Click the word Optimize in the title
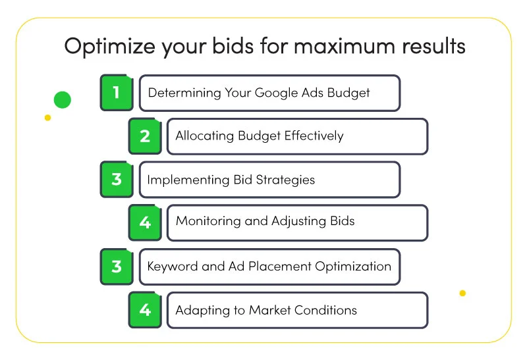tap(109, 46)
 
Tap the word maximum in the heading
tap(345, 46)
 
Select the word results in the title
tap(434, 46)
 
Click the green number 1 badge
tap(117, 93)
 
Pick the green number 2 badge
tap(145, 136)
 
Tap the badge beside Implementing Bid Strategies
tap(117, 179)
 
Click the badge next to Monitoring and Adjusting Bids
tap(145, 222)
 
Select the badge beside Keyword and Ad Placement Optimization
tap(117, 267)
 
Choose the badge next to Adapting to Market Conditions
tap(145, 310)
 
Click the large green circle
tap(63, 100)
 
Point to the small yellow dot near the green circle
tap(47, 118)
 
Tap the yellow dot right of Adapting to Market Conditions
tap(462, 293)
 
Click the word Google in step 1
tap(276, 93)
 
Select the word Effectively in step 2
tap(314, 136)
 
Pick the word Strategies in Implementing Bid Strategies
tap(285, 180)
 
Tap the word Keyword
tap(173, 267)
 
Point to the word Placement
tap(279, 267)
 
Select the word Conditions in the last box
tap(325, 310)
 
